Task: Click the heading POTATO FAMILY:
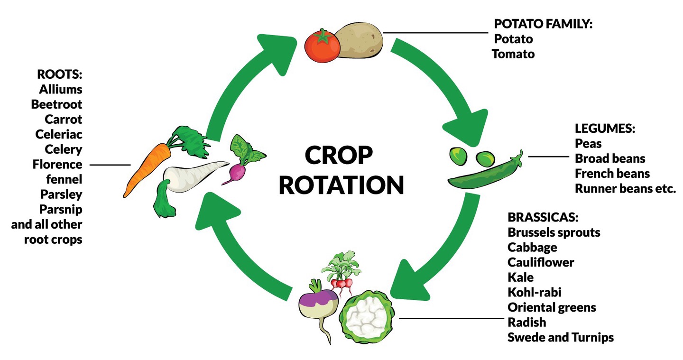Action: (543, 24)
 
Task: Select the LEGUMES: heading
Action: (605, 129)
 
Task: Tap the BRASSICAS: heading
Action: (543, 218)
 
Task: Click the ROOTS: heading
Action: (59, 74)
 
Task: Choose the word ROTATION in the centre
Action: (341, 185)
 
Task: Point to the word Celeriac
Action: (59, 134)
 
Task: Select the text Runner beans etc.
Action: (625, 188)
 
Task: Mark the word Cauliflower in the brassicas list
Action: (541, 262)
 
